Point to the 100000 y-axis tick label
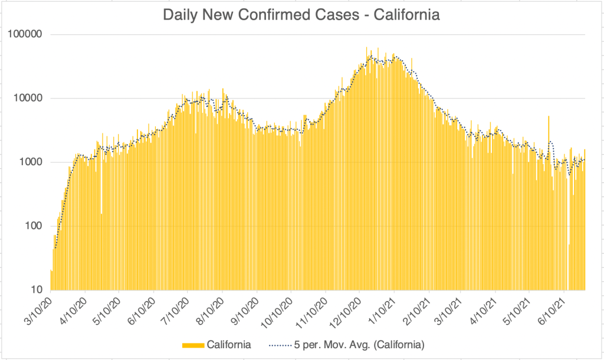click(28, 34)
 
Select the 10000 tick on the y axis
click(31, 98)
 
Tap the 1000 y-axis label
click(33, 162)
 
